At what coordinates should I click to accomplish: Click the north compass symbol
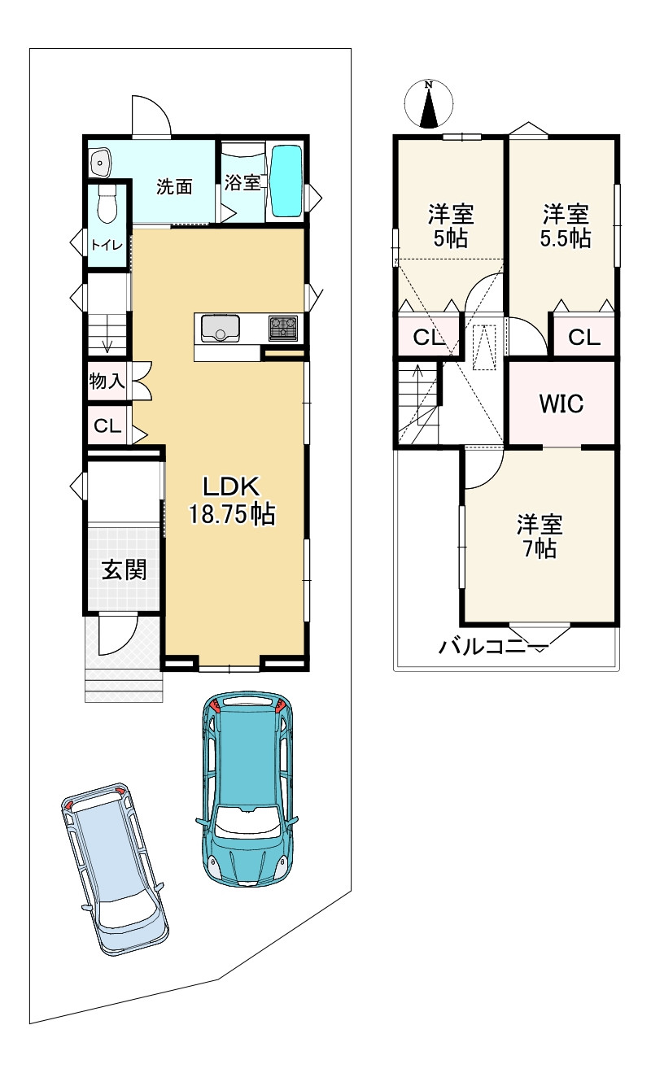point(428,104)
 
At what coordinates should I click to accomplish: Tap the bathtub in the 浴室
point(286,181)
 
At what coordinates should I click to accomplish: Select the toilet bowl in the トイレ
point(107,203)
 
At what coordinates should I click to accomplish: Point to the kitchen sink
point(221,327)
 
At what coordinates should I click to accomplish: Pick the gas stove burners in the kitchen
point(282,328)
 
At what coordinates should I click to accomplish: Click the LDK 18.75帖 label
point(232,500)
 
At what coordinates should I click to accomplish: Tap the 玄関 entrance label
point(124,570)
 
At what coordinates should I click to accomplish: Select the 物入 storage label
point(107,382)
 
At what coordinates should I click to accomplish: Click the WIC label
point(561,403)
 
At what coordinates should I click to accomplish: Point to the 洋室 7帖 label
point(540,536)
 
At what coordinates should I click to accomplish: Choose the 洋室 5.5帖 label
point(566,226)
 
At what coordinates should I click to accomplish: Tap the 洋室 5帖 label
point(451,226)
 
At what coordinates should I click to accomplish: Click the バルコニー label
point(493,648)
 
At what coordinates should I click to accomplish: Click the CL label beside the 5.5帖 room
point(584,338)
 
